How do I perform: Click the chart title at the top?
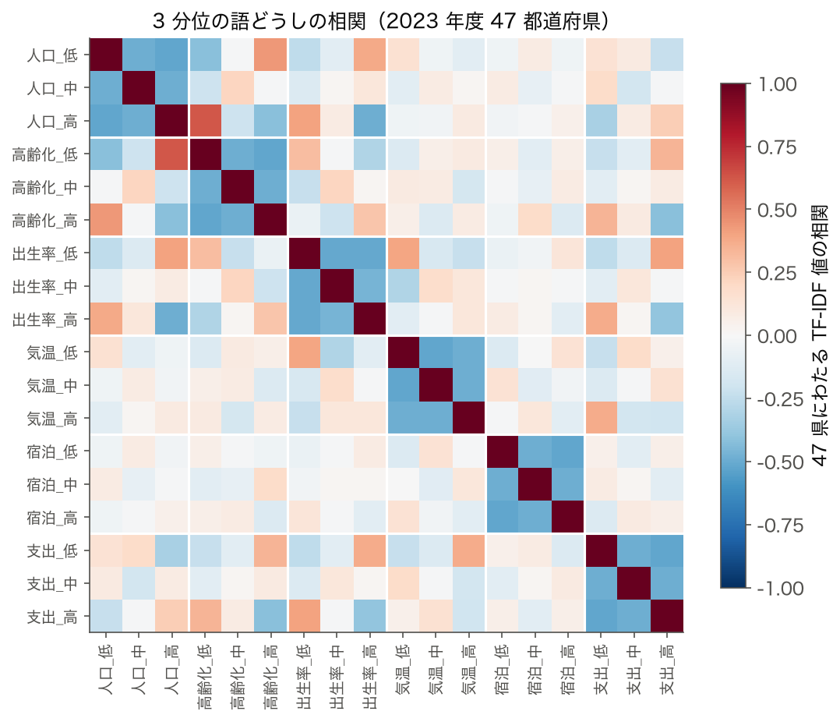(x=382, y=21)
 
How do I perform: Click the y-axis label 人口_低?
(x=52, y=55)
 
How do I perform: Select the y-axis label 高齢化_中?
(x=45, y=187)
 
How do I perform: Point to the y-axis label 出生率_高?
(x=45, y=320)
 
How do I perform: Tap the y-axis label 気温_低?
(x=52, y=352)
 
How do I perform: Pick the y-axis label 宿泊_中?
(x=52, y=484)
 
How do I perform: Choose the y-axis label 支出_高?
(x=52, y=617)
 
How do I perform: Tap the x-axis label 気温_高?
(x=469, y=670)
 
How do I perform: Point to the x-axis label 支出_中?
(x=634, y=670)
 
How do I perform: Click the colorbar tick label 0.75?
(x=777, y=147)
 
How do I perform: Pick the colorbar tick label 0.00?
(x=777, y=336)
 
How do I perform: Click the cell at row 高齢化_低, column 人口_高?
(x=172, y=154)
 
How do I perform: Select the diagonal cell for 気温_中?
(x=436, y=385)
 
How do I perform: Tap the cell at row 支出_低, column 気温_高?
(x=469, y=550)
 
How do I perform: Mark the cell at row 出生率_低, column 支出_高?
(x=667, y=253)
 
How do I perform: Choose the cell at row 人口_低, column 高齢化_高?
(x=271, y=55)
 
